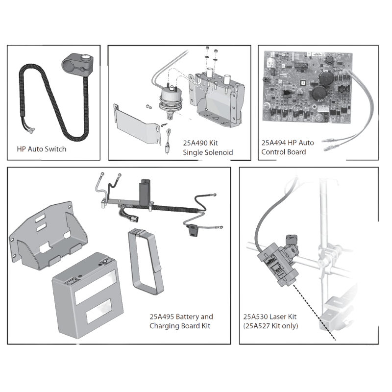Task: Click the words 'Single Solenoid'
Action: tap(208, 152)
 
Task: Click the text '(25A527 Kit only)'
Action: tap(270, 326)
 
